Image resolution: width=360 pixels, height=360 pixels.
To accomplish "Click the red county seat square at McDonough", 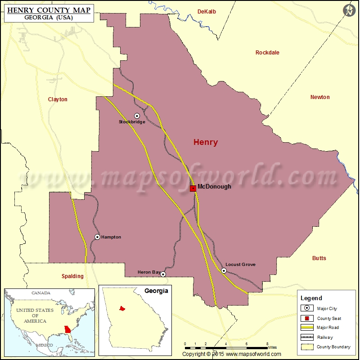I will tap(193, 189).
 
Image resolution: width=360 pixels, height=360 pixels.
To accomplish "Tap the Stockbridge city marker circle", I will tap(137, 116).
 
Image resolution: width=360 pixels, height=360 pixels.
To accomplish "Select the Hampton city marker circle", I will tap(97, 237).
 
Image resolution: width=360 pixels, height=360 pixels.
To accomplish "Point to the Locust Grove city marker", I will tap(224, 270).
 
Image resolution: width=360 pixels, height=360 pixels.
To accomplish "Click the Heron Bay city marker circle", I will tap(163, 274).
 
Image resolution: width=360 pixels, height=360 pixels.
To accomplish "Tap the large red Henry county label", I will tap(206, 143).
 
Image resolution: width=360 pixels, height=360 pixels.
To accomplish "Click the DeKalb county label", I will tap(207, 12).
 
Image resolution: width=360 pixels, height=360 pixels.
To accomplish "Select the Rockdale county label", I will tap(267, 53).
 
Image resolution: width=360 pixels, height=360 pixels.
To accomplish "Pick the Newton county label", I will tap(320, 97).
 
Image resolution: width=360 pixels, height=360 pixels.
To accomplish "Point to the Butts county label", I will tap(319, 258).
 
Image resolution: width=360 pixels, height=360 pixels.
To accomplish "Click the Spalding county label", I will tap(72, 276).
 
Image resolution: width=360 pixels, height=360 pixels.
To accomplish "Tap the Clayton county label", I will tap(58, 99).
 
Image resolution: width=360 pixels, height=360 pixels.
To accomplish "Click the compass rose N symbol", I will tap(350, 10).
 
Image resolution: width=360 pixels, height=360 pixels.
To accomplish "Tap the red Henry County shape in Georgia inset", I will tap(121, 309).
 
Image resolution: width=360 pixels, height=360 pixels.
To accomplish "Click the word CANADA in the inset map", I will tap(41, 293).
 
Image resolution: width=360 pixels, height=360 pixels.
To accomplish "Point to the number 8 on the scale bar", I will tap(267, 344).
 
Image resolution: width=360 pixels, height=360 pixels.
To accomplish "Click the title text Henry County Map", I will tap(48, 9).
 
